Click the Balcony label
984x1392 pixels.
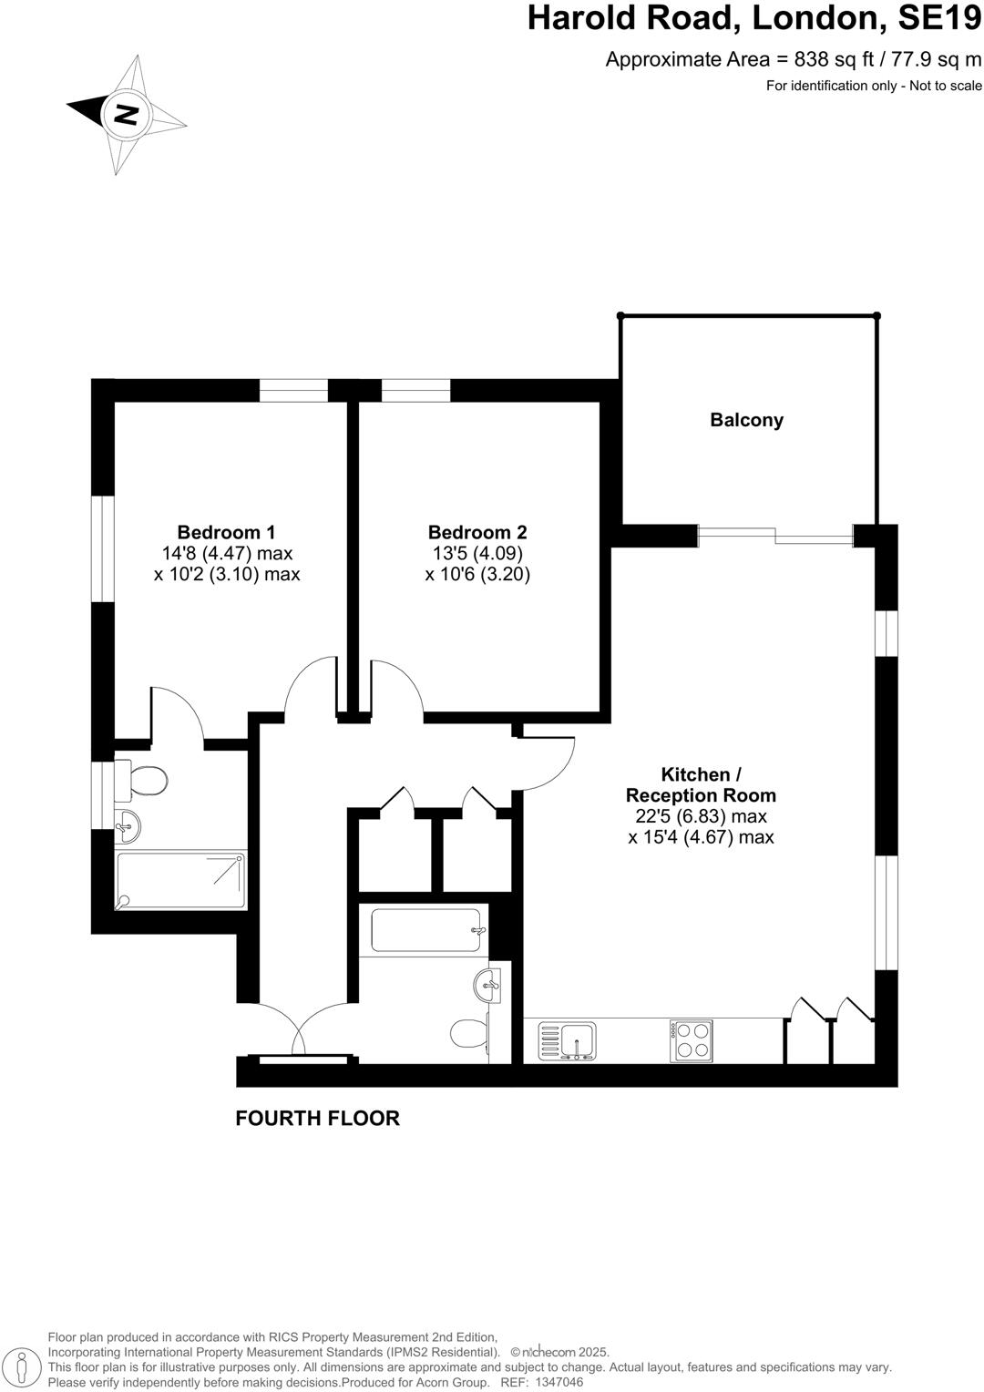coord(746,420)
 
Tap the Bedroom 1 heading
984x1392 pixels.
coord(226,532)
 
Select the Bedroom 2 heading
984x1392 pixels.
coord(477,532)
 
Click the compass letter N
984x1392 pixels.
coord(126,114)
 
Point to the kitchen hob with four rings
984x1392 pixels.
coord(692,1039)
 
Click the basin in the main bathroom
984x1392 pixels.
coord(487,984)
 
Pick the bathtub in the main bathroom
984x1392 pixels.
coord(425,930)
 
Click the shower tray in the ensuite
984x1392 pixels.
coord(180,880)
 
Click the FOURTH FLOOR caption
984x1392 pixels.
coord(317,1118)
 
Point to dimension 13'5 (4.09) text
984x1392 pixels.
coord(477,554)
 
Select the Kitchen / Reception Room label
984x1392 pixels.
coord(701,784)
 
